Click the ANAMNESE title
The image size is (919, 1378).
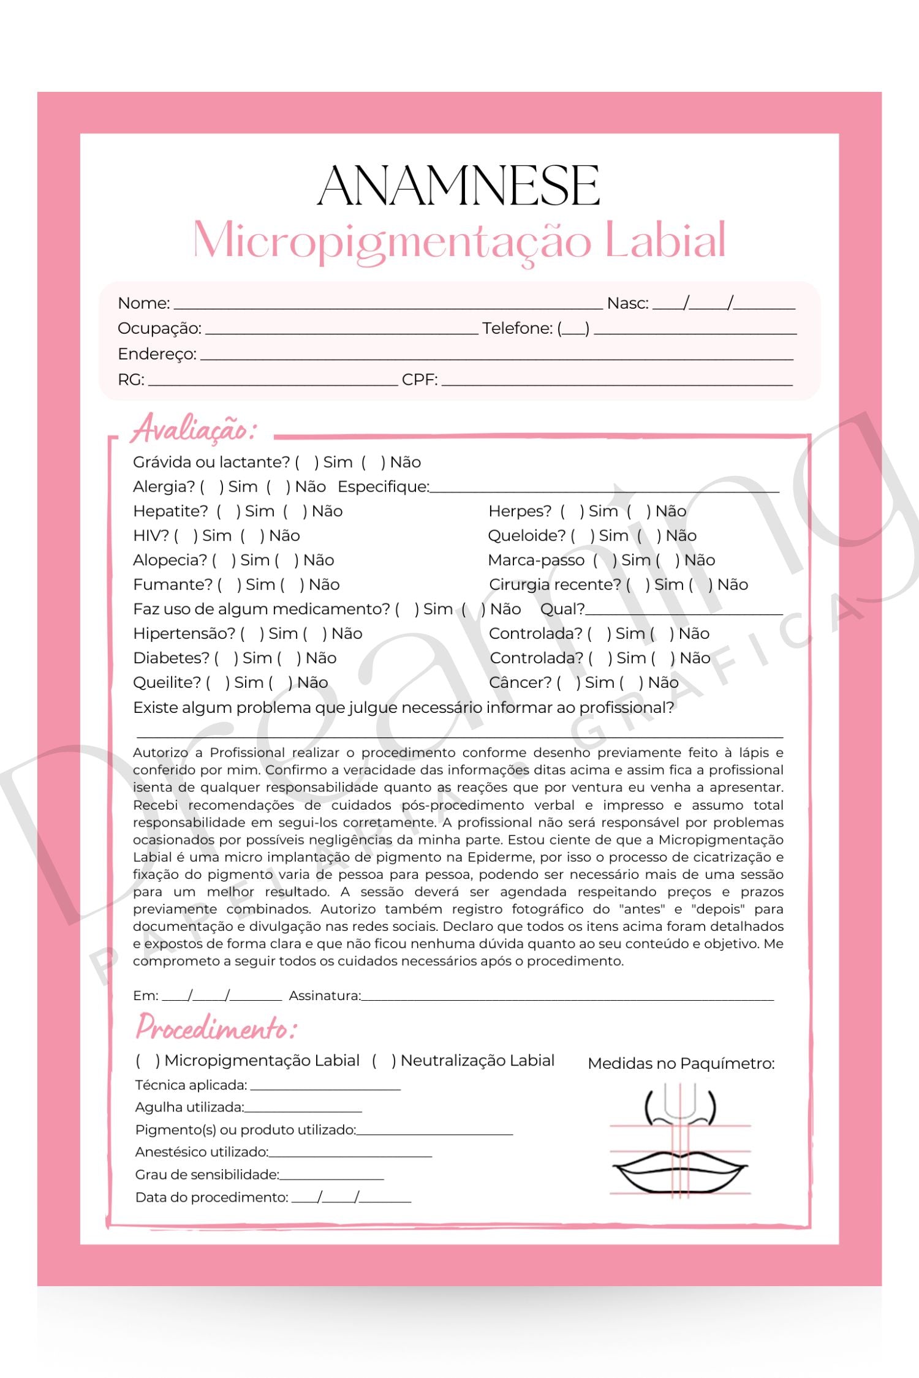click(458, 186)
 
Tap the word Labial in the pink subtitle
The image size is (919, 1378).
click(665, 240)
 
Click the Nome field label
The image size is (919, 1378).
click(143, 303)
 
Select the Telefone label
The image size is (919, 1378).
click(517, 328)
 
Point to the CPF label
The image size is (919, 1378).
click(419, 380)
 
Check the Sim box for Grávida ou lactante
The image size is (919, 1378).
click(307, 462)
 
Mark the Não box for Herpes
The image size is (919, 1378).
click(638, 511)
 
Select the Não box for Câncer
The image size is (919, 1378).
click(631, 683)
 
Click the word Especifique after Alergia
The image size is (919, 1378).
click(383, 487)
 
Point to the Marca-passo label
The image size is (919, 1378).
click(536, 560)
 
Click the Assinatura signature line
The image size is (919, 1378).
click(567, 995)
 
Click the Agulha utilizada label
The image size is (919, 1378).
click(189, 1107)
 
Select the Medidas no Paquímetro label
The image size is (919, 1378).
click(681, 1064)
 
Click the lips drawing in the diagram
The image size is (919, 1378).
click(680, 1170)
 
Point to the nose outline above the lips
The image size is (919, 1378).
click(680, 1105)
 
